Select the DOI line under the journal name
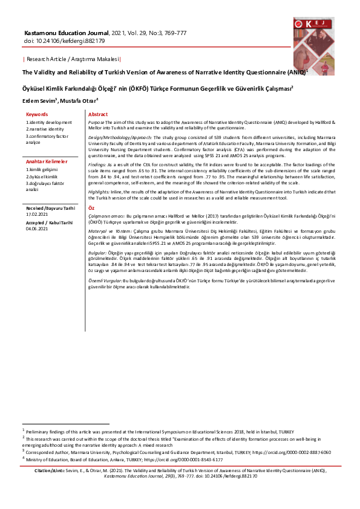click(64, 41)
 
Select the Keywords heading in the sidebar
click(38, 114)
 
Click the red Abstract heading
click(98, 114)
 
